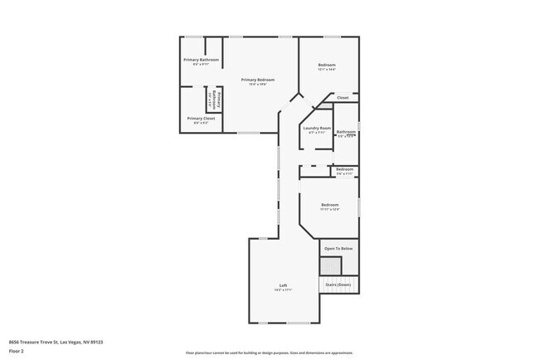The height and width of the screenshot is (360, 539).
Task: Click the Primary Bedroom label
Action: coord(258,79)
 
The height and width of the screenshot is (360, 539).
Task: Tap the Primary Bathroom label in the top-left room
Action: coord(201,60)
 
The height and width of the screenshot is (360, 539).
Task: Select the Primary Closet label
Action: coord(201,118)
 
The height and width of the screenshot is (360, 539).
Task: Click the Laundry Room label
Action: coord(317,128)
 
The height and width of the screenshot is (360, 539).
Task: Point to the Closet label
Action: coord(342,97)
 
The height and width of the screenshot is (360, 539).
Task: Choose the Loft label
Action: coord(283,285)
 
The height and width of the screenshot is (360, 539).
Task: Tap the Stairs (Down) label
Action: coord(338,285)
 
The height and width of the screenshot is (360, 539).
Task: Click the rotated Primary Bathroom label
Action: coord(217,100)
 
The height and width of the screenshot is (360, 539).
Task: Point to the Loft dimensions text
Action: coord(283,290)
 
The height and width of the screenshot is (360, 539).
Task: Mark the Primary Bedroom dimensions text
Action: coord(258,84)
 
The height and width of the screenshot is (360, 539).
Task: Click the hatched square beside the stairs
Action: coord(331,265)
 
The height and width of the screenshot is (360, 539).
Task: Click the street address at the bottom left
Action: coord(56,341)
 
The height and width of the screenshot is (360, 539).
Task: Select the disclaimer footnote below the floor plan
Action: coord(269,353)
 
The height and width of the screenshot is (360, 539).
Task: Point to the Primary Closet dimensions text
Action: coord(201,123)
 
